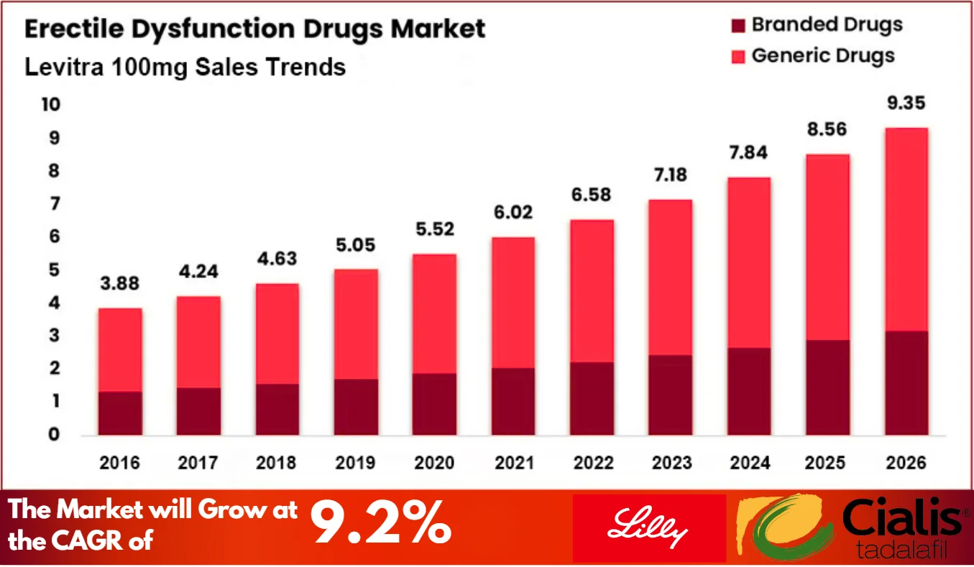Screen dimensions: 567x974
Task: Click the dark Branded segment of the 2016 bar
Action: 120,413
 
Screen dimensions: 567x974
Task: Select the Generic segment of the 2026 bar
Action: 906,229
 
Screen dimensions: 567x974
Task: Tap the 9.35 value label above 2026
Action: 906,102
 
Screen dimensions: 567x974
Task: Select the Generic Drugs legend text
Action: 823,56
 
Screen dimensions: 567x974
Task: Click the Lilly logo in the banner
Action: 649,528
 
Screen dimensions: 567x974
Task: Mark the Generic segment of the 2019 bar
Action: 356,324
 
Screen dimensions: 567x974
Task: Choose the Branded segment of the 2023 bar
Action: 670,395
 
